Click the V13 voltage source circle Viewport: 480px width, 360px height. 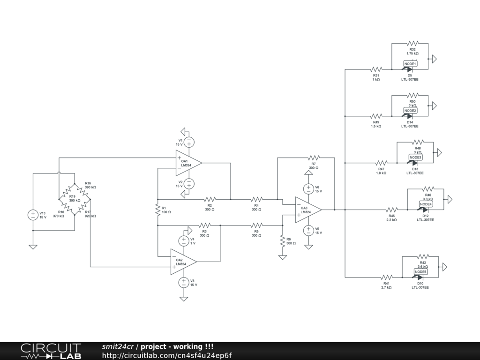tap(33, 215)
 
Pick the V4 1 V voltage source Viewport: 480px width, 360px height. tap(183, 241)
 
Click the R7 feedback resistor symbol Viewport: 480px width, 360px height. tap(313, 157)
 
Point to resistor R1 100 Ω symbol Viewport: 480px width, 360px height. tap(158, 210)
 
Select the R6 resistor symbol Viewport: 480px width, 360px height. tap(282, 241)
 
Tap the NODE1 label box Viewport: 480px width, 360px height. tap(410, 64)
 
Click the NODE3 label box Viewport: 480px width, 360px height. tap(415, 157)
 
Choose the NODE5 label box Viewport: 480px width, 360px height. tap(420, 272)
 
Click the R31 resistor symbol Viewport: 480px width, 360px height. tap(376, 69)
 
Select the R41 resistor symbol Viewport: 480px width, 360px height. tap(386, 277)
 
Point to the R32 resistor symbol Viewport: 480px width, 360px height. tap(412, 44)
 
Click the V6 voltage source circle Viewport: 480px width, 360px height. tap(308, 189)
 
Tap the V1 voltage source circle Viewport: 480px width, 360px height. tap(189, 142)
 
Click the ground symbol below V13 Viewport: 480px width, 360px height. tap(33, 247)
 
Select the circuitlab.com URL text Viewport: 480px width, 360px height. tap(166, 355)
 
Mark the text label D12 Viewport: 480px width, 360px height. tap(425, 216)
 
